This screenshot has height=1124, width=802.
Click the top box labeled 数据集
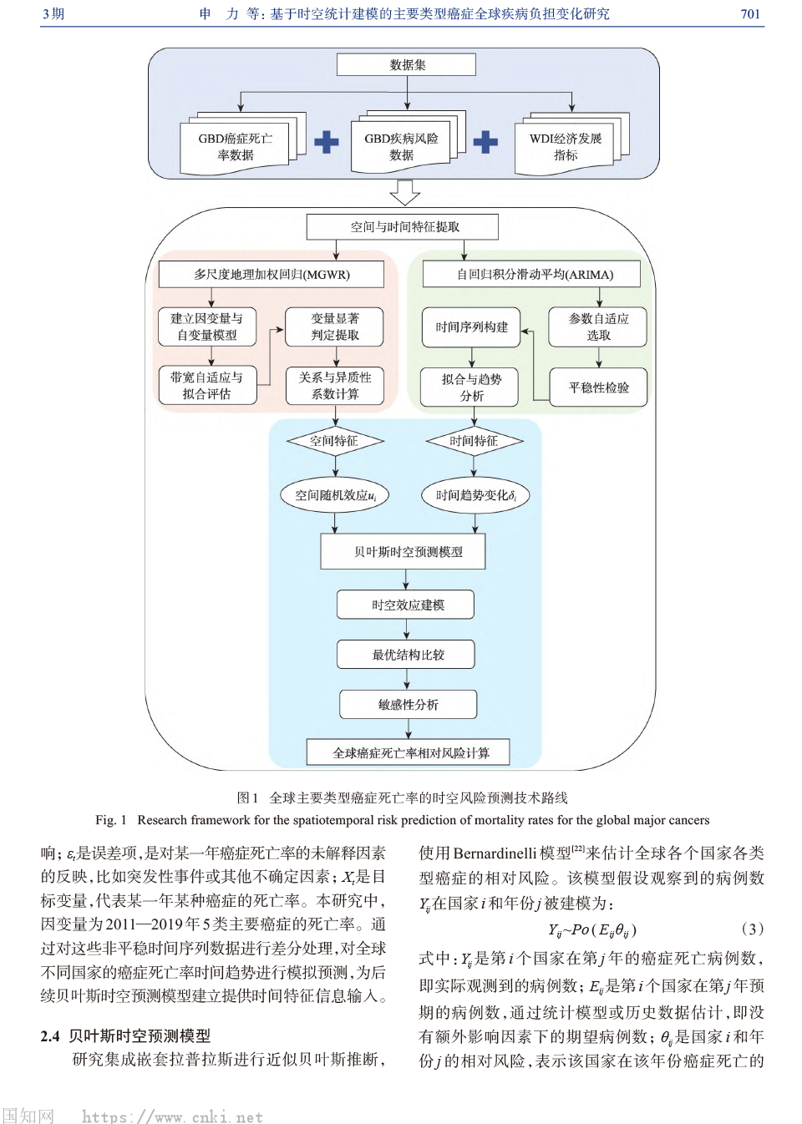coord(406,65)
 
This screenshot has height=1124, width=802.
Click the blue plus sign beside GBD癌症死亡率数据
coord(327,142)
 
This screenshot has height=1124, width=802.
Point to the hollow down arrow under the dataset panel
coord(405,192)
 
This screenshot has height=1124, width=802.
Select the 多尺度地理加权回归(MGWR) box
coord(272,274)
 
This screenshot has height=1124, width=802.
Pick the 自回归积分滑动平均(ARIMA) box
coord(533,274)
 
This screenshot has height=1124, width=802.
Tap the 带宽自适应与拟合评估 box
coord(207,386)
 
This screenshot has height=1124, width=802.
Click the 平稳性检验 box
coord(598,387)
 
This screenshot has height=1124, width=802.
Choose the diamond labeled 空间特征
coord(334,441)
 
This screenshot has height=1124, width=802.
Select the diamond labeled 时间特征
coord(474,441)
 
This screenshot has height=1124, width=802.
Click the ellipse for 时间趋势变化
coord(475,495)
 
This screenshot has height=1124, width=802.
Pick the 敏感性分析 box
coord(408,705)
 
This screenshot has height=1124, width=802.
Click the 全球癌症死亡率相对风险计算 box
coord(409,752)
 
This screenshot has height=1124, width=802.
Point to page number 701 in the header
coord(750,14)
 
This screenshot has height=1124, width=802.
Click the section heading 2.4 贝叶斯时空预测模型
coord(125,1035)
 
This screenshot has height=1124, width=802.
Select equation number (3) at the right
coord(752,929)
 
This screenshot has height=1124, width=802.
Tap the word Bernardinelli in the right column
coord(495,853)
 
